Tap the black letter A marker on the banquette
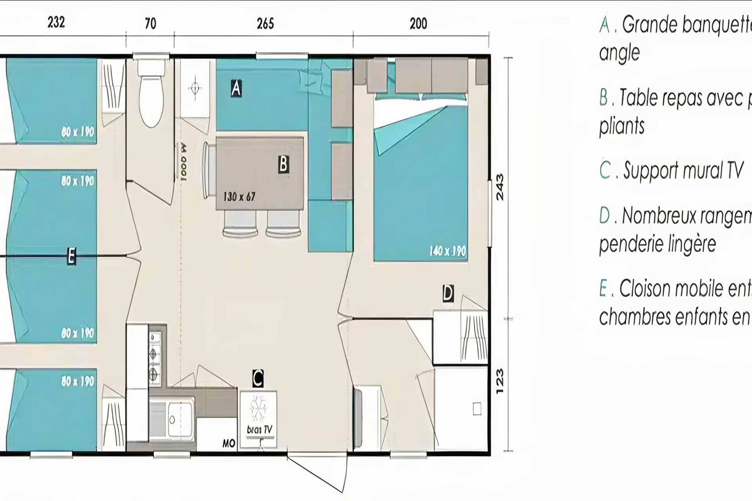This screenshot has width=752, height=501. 236,88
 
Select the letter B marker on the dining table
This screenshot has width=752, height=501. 283,164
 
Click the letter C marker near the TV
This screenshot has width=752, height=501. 258,378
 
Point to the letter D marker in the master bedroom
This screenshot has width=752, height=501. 448,293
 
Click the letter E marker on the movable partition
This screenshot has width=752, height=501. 71,256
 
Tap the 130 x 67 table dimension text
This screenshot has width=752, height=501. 239,196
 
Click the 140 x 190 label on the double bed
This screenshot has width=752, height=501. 448,251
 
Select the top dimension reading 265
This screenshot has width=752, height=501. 265,24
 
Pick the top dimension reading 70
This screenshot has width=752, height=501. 150,24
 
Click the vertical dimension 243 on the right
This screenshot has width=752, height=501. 500,187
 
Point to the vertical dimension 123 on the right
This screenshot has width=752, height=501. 500,382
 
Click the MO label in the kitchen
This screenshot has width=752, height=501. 229,443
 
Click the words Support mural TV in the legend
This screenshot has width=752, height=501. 683,171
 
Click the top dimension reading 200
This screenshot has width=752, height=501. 418,24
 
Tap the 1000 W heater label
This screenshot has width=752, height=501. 183,162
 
